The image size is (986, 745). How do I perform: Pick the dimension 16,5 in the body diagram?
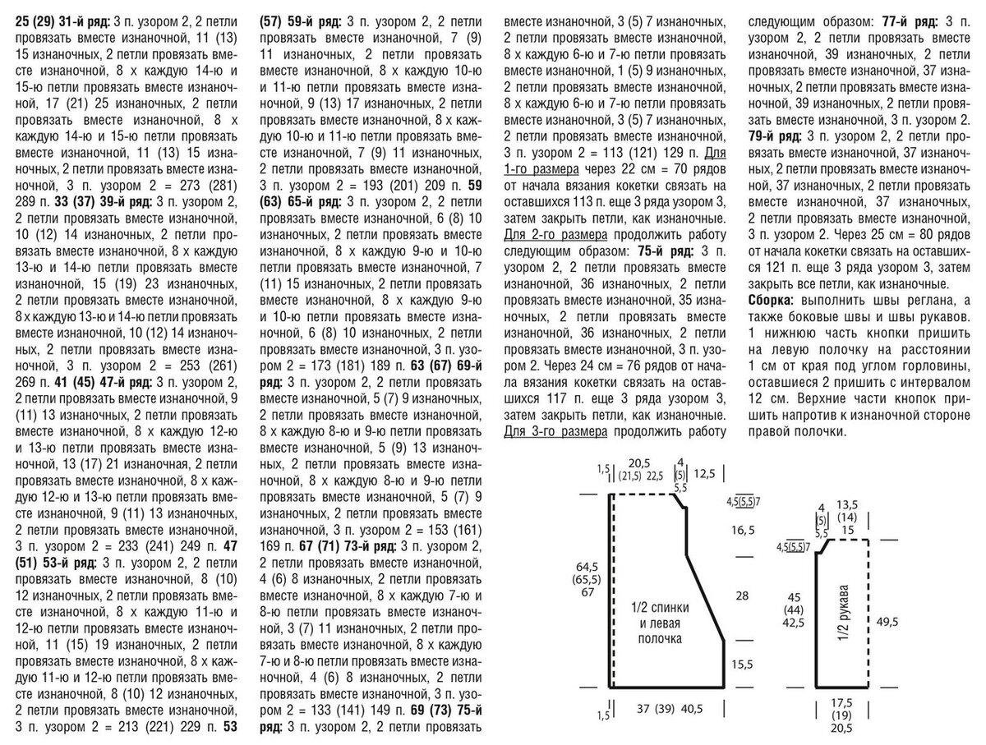[742, 531]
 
